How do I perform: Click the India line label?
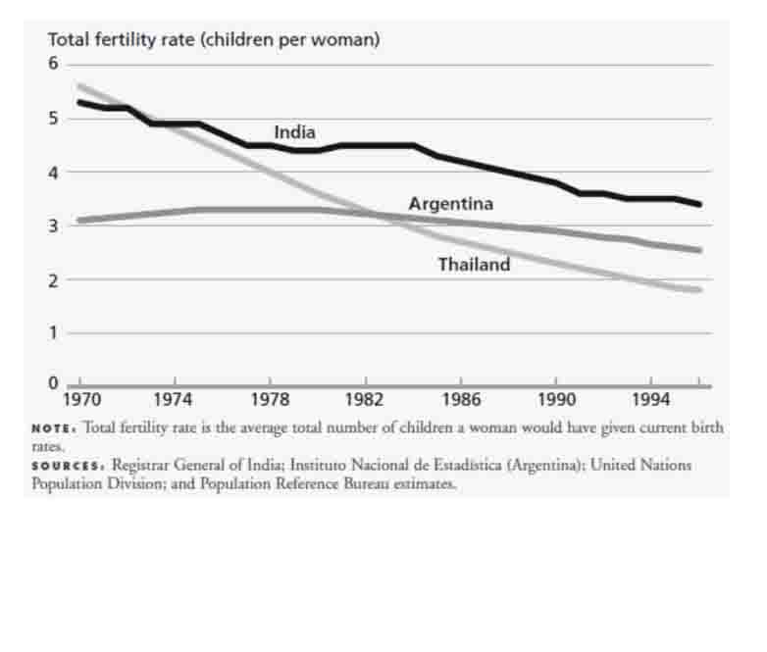294,132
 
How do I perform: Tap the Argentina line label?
450,204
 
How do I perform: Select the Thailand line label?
474,264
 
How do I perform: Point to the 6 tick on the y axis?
55,64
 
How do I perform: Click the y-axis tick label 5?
55,119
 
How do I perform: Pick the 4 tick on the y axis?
55,173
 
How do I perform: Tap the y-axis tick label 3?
55,226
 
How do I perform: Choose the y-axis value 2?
55,280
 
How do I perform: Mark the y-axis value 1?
55,333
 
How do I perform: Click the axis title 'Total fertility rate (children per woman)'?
214,40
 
